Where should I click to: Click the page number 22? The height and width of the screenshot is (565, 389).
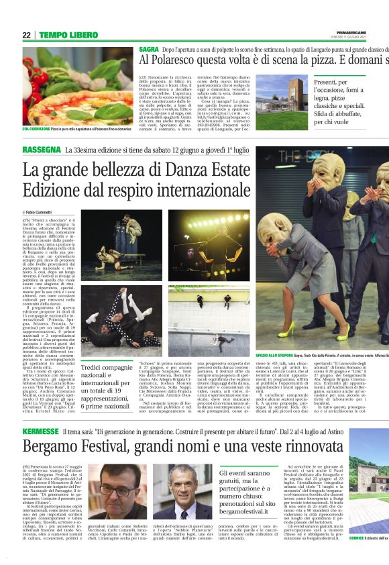pyautogui.click(x=27, y=35)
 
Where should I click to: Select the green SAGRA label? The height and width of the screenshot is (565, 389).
pyautogui.click(x=149, y=50)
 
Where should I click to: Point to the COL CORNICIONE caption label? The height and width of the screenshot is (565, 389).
pyautogui.click(x=36, y=128)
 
